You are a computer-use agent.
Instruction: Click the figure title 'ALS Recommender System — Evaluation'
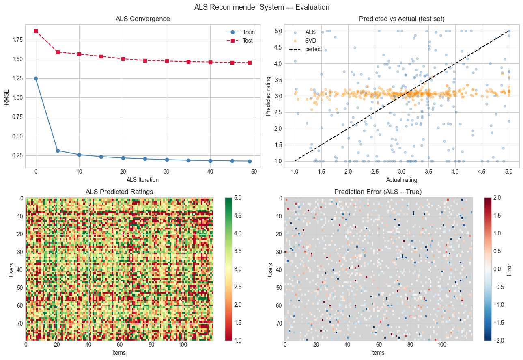pyautogui.click(x=262, y=7)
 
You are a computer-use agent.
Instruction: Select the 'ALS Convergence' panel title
pyautogui.click(x=142, y=19)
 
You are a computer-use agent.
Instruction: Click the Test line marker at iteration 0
pyautogui.click(x=36, y=31)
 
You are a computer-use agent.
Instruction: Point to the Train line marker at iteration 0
pyautogui.click(x=36, y=78)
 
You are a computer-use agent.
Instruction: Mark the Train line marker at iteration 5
pyautogui.click(x=58, y=151)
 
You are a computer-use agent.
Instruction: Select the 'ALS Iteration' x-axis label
pyautogui.click(x=142, y=180)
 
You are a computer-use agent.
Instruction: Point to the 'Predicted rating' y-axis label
pyautogui.click(x=268, y=96)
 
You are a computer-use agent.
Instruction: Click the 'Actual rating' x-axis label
pyautogui.click(x=402, y=180)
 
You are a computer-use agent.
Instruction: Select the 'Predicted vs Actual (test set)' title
pyautogui.click(x=402, y=19)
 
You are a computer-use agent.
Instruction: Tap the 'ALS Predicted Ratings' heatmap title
pyautogui.click(x=119, y=192)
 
